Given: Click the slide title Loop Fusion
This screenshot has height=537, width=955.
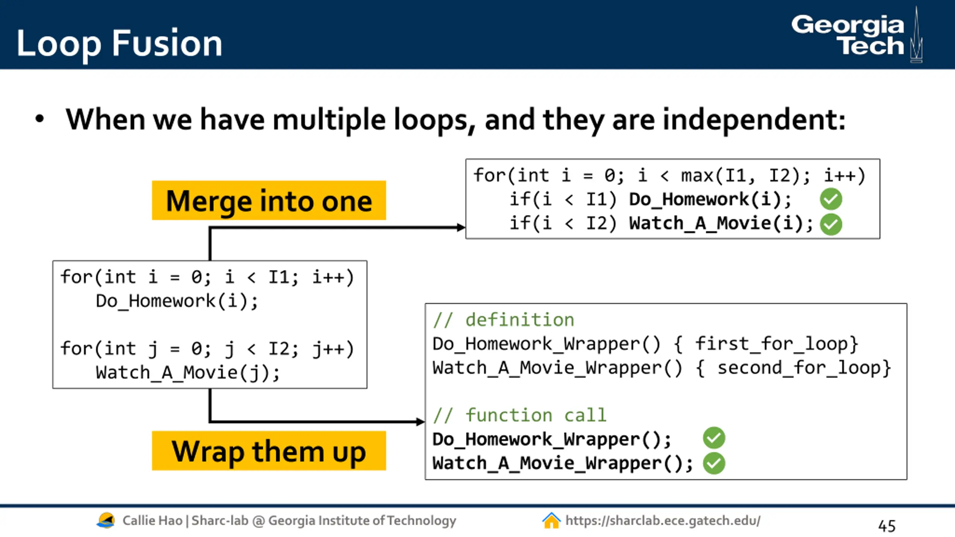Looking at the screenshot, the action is click(x=119, y=44).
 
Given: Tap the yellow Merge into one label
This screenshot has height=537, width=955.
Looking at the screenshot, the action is click(x=269, y=201).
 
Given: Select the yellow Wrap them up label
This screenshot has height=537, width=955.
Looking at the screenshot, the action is click(x=269, y=451).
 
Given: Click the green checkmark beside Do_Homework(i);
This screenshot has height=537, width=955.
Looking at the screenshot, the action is click(x=831, y=199).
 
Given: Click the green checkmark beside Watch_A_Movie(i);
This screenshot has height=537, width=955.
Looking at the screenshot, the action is click(x=831, y=224).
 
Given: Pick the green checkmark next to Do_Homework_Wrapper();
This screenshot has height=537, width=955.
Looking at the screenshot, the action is click(x=714, y=438).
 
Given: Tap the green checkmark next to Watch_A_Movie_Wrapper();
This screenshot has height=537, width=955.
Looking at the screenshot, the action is click(x=714, y=463).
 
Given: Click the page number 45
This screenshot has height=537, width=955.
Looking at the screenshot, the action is click(x=886, y=526).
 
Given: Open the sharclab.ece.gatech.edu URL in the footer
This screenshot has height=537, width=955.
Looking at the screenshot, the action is click(x=663, y=521).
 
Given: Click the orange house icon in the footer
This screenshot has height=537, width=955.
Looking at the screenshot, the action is click(x=551, y=521).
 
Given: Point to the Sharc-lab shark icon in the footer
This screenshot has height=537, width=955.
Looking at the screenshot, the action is click(x=106, y=520).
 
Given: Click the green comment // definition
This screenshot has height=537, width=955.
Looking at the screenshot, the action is click(x=504, y=320).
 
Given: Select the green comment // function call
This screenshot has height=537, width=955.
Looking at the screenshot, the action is click(x=520, y=415).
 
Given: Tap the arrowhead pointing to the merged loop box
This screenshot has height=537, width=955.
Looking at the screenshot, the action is click(x=461, y=227).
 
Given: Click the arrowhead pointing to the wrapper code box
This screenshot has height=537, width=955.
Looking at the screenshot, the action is click(x=421, y=422).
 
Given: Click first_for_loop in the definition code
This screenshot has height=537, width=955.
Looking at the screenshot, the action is click(x=773, y=344).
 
